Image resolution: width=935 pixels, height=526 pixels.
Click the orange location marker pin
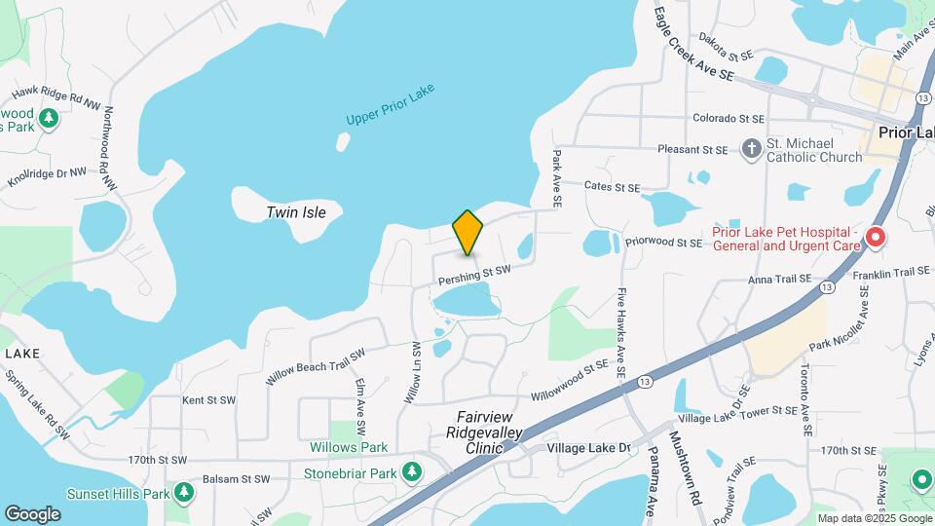(x=467, y=233)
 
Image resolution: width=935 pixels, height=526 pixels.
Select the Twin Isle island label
(x=296, y=212)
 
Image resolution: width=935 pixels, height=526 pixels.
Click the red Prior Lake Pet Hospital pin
(x=875, y=237)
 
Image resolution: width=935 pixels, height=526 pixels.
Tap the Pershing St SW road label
(x=474, y=276)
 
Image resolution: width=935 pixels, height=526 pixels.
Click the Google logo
(x=32, y=513)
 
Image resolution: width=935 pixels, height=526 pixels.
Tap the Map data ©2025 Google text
(x=873, y=518)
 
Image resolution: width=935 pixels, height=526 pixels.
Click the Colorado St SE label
(x=728, y=119)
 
